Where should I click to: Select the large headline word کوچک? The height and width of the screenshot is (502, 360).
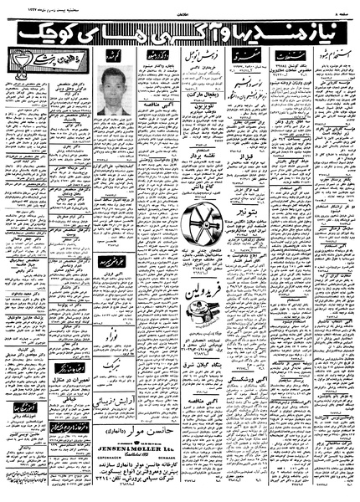coord(43,33)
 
